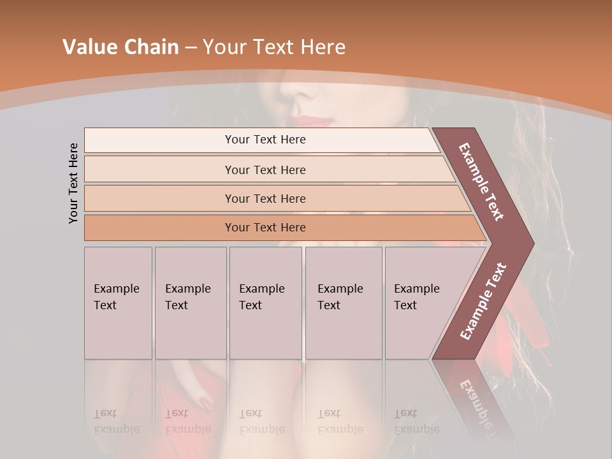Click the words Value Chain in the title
[x=120, y=47]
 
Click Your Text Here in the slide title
[x=274, y=47]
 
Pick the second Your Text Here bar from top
[x=265, y=170]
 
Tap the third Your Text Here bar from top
[x=265, y=198]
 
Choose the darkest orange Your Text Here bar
[x=265, y=228]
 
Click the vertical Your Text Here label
[x=73, y=183]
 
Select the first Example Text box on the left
[x=118, y=302]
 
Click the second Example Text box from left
[x=190, y=302]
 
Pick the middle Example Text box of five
[x=265, y=302]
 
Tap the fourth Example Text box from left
[x=343, y=302]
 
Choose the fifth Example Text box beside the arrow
[x=418, y=302]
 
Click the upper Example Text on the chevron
[x=481, y=181]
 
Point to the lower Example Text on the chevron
[x=483, y=301]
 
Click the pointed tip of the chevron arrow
[x=532, y=243]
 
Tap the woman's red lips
[x=314, y=120]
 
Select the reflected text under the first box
[x=117, y=421]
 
